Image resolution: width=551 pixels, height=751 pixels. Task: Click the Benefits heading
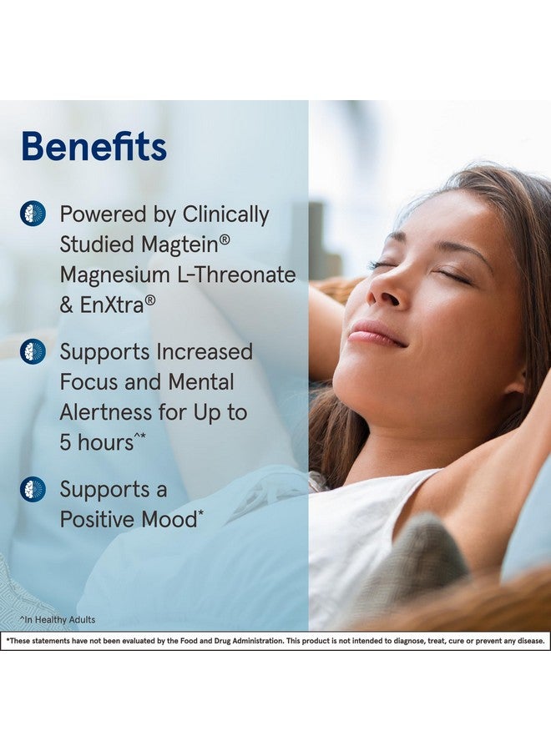tap(94, 146)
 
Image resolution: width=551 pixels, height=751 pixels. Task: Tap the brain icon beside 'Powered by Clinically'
tap(33, 214)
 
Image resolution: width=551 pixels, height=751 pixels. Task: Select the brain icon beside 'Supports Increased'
tap(33, 351)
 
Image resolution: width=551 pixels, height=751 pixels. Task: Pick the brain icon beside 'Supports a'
tap(33, 489)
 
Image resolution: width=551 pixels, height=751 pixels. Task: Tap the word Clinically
tap(225, 214)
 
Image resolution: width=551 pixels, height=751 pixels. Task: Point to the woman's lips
tap(375, 334)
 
